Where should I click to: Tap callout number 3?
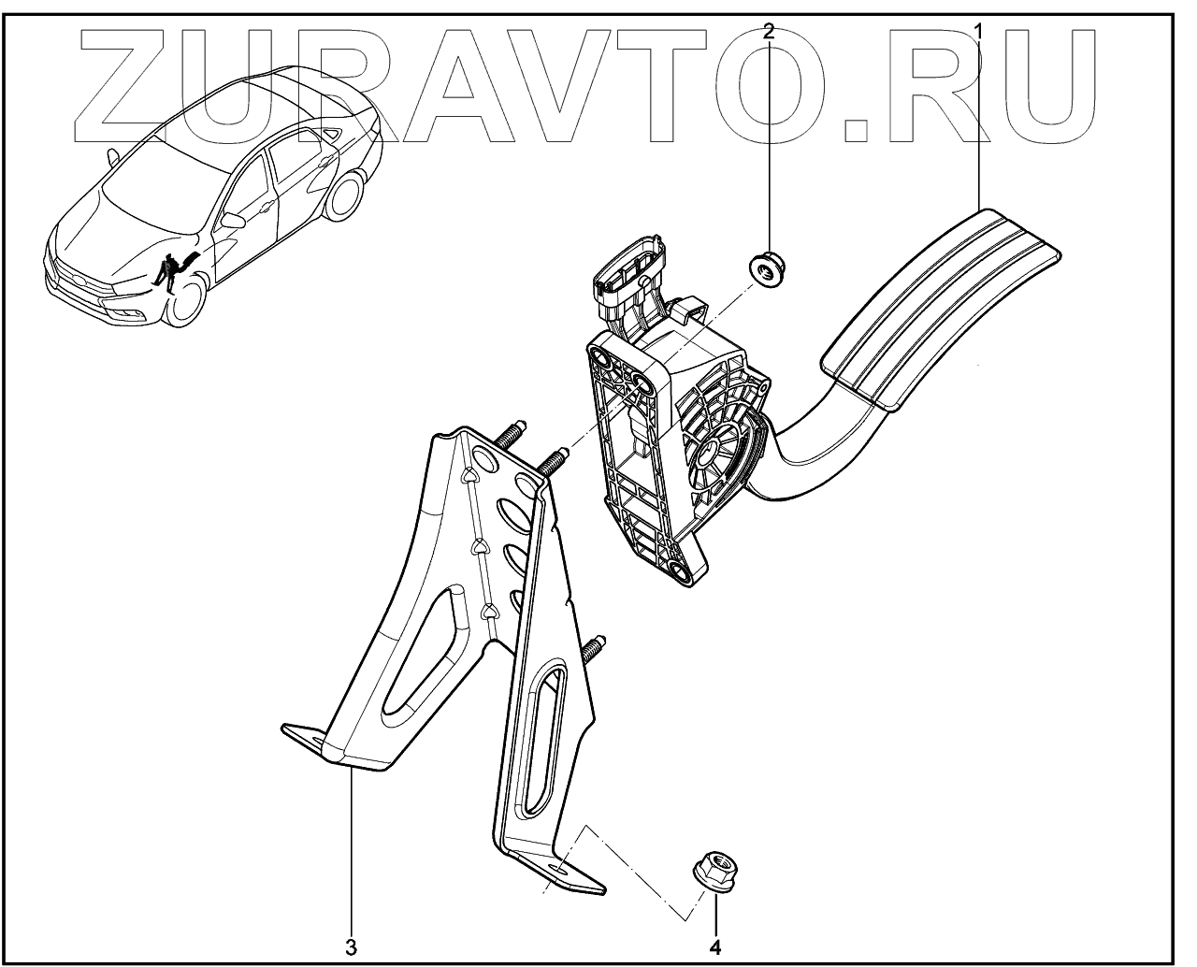(x=352, y=946)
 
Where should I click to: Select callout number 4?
(x=715, y=946)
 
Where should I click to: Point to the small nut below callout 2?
(x=768, y=267)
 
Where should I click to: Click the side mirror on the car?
(x=231, y=221)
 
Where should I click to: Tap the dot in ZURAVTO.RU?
(x=858, y=127)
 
